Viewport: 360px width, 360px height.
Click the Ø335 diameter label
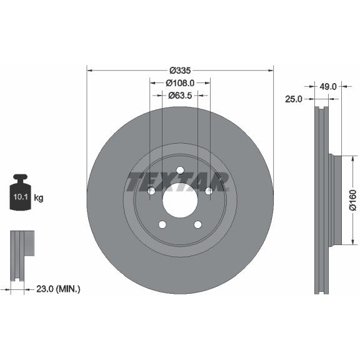click(180, 71)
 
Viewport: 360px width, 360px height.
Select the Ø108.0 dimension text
click(180, 83)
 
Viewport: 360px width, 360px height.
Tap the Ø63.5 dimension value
click(180, 95)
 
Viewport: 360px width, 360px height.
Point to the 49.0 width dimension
click(328, 86)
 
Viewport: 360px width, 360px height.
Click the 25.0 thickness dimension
click(294, 99)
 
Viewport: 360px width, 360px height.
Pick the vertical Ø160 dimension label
click(352, 200)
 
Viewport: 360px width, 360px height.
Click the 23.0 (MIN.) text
click(58, 289)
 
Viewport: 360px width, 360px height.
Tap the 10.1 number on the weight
click(21, 197)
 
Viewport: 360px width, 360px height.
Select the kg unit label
click(39, 197)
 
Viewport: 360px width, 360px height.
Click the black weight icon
click(20, 192)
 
